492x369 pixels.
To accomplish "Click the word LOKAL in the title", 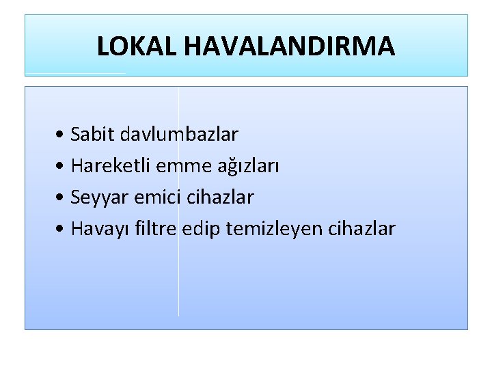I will pos(137,46).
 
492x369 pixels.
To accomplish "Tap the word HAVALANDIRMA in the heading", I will pos(289,46).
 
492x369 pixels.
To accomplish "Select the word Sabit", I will pos(93,134).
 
